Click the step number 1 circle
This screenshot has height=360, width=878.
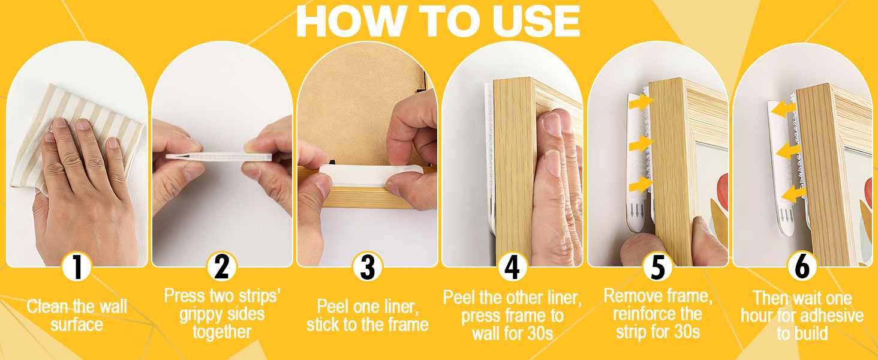coord(77,267)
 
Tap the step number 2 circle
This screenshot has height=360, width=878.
coord(222,267)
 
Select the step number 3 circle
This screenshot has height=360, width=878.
coord(367,267)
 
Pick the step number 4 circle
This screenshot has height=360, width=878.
coord(512,267)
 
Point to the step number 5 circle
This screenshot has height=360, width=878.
coord(658,267)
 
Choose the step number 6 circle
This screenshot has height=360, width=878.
coord(802,267)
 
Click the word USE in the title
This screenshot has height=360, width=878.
coord(536,22)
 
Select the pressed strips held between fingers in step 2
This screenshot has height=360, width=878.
coord(219,157)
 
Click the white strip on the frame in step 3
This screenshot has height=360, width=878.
coord(371,175)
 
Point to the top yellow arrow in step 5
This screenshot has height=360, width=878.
coord(641,103)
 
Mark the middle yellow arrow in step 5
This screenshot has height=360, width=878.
coord(641,144)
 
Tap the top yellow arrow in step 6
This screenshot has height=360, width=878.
coord(783,109)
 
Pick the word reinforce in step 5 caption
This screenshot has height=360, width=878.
coord(641,314)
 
